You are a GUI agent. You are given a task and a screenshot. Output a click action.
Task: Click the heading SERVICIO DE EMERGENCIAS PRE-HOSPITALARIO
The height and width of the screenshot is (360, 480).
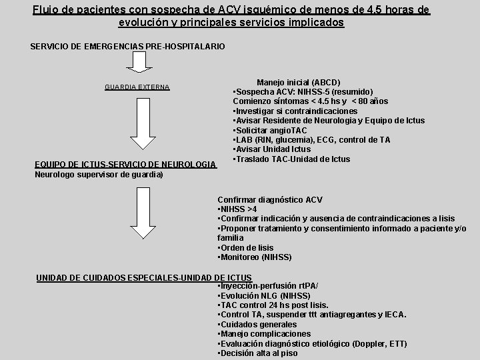[x=128, y=46]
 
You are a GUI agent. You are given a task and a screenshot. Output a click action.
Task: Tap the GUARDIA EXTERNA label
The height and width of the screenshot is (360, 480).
[x=137, y=87]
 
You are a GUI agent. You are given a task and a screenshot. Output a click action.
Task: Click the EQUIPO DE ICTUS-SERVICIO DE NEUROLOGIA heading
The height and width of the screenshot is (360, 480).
[x=125, y=165]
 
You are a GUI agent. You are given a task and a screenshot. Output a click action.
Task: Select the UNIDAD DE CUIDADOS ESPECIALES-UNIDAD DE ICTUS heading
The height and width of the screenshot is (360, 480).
[x=144, y=277]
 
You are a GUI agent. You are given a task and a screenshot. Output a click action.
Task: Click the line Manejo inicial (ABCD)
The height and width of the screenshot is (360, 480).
[x=298, y=82]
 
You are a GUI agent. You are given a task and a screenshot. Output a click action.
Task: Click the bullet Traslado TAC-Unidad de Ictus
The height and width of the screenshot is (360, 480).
[x=291, y=159]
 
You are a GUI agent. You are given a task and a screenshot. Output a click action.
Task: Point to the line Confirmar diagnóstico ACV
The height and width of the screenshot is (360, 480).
[x=270, y=199]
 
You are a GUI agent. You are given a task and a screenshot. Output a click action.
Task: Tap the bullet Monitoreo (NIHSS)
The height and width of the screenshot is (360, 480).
[x=255, y=257]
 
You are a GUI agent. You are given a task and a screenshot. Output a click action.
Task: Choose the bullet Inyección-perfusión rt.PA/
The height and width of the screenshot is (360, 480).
[x=269, y=286]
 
